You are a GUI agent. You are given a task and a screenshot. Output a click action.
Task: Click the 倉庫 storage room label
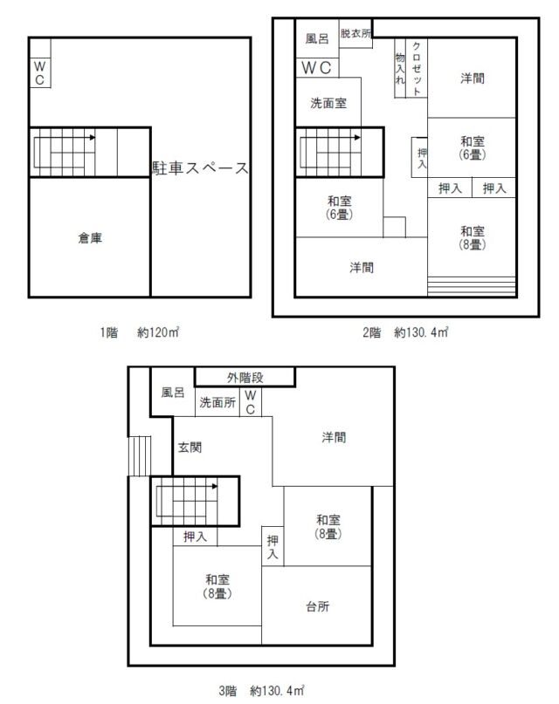90,238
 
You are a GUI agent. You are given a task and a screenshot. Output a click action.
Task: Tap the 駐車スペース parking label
200,167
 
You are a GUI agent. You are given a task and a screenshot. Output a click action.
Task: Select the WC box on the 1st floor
40,72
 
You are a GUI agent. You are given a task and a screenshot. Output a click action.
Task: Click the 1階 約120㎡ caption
140,332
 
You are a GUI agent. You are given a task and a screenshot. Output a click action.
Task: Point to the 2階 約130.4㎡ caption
405,332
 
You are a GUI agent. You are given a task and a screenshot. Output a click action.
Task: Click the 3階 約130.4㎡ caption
261,690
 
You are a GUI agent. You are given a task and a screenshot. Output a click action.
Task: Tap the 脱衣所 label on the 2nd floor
355,33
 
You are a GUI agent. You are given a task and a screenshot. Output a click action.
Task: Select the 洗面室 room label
328,103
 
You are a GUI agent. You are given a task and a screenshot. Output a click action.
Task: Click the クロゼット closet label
417,68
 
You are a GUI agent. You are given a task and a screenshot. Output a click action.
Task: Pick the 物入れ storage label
400,69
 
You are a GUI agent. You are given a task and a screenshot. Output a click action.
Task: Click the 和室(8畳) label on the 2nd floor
473,237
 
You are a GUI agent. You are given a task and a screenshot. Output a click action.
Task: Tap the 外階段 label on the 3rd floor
245,378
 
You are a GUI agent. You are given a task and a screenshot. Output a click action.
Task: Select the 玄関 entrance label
190,448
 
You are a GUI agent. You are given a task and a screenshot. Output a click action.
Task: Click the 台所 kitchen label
318,606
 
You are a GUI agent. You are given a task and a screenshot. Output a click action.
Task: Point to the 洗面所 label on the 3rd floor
217,402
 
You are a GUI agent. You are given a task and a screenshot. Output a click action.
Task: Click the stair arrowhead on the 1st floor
92,137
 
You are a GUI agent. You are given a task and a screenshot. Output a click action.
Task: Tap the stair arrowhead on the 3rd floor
215,486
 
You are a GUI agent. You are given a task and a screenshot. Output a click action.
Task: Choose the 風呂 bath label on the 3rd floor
173,393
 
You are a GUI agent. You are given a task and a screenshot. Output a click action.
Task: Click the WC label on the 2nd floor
316,68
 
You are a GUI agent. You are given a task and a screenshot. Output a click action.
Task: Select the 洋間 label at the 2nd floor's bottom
362,268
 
